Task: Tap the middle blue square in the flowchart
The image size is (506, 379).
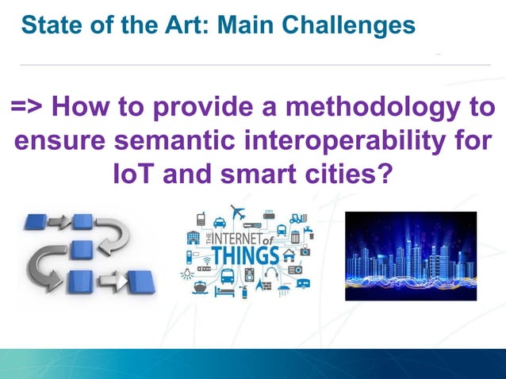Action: coord(81,251)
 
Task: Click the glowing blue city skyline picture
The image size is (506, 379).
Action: coord(410,255)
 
